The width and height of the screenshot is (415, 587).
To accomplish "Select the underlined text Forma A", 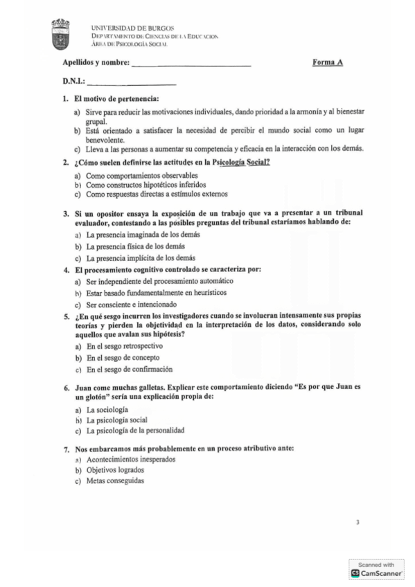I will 328,64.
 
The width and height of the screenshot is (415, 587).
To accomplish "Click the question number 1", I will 64,99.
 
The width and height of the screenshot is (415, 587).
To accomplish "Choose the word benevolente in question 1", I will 108,138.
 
